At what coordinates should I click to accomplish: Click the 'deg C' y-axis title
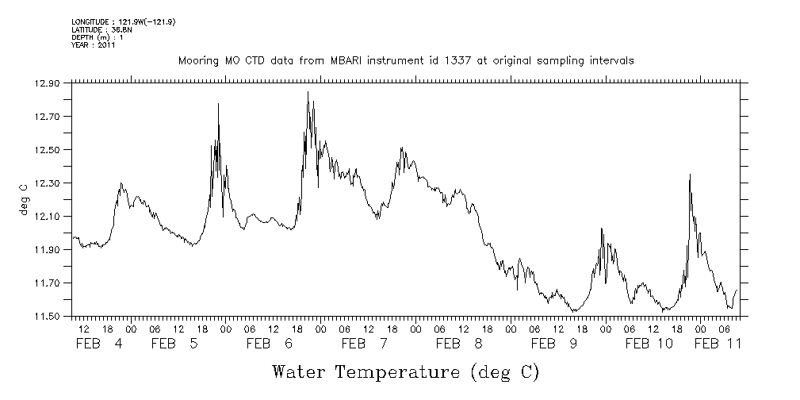point(25,199)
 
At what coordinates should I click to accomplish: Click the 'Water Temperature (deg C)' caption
point(406,371)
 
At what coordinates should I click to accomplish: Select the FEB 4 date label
point(99,344)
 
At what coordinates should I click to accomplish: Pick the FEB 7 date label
point(365,344)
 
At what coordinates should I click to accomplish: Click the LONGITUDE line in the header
point(123,21)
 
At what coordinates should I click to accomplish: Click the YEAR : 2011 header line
point(94,45)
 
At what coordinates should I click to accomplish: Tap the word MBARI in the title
point(353,60)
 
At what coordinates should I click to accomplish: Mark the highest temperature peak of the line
point(308,92)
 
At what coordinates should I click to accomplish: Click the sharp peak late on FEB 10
point(690,175)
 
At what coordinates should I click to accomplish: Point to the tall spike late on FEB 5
point(218,104)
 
